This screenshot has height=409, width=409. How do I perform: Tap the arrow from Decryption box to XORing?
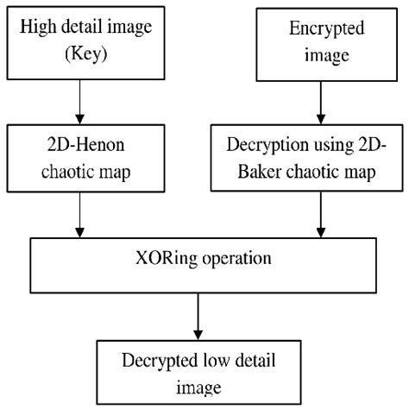point(320,211)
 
